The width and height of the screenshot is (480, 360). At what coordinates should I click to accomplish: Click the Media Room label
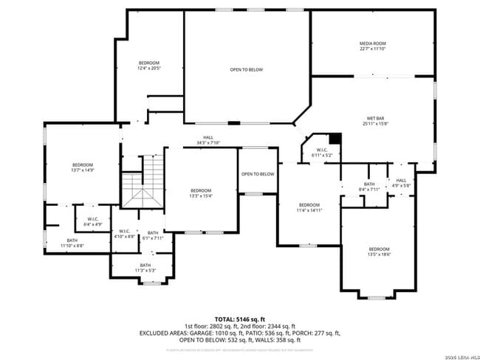click(373, 46)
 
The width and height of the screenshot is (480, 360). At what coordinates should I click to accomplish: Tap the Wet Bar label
click(374, 121)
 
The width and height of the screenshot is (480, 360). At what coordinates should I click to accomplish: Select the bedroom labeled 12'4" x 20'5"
click(149, 66)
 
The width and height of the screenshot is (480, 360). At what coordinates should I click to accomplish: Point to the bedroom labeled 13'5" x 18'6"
click(379, 252)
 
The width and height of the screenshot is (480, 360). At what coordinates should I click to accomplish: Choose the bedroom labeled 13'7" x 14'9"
click(83, 167)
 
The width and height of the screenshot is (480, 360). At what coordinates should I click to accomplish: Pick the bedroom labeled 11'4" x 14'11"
click(309, 207)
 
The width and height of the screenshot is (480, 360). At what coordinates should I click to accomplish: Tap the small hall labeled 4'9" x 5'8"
click(401, 182)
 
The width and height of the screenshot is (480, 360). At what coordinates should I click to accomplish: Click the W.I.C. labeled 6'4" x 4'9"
click(93, 221)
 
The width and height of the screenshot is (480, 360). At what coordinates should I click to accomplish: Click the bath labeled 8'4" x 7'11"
click(369, 187)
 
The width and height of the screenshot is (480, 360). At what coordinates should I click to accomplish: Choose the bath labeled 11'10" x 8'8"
click(72, 242)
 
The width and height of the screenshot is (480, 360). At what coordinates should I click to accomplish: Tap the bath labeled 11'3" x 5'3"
click(145, 268)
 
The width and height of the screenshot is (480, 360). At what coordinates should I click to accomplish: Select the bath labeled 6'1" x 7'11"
click(153, 235)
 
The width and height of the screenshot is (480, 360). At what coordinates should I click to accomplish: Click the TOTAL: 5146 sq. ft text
click(239, 319)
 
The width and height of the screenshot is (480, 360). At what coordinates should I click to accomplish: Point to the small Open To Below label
click(258, 174)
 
